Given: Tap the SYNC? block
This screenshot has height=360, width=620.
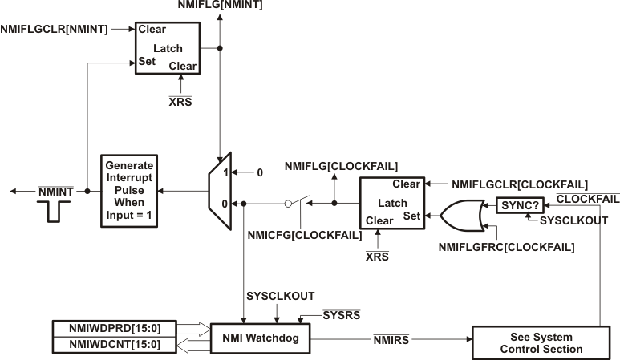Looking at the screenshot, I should (x=519, y=204).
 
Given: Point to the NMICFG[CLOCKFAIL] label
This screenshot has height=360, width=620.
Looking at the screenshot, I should (x=305, y=234).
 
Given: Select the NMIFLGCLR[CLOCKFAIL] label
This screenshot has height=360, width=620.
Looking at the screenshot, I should (x=520, y=184).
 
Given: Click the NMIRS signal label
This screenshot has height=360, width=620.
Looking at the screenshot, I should (x=391, y=342).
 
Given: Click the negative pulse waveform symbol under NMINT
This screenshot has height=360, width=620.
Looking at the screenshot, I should (x=57, y=210).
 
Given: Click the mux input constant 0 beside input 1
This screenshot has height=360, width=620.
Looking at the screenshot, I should (x=259, y=173).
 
